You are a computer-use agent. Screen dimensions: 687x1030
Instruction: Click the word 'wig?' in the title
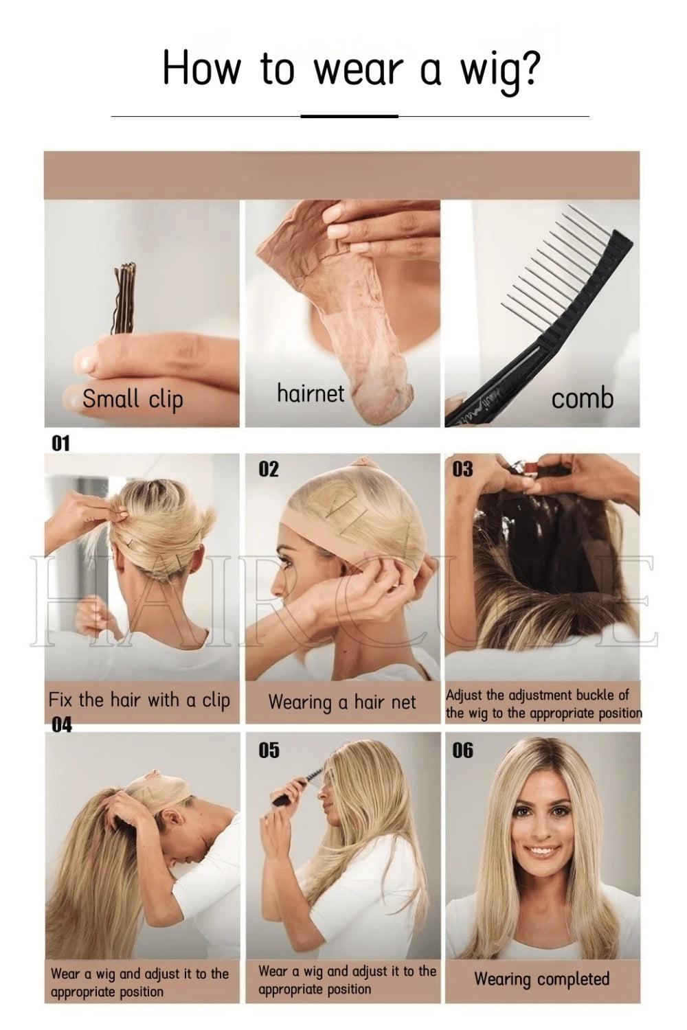tap(499, 69)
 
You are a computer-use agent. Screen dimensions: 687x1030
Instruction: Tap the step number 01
tap(60, 444)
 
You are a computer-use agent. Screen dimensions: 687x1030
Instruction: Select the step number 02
tap(269, 470)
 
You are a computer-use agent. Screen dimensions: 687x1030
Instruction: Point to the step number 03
tap(462, 470)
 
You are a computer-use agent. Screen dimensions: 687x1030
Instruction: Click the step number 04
tap(62, 725)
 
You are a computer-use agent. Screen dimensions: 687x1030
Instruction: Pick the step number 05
tap(269, 751)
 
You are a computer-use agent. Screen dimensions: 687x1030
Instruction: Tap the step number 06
tap(462, 751)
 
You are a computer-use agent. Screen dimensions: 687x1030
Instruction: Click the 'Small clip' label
tap(133, 399)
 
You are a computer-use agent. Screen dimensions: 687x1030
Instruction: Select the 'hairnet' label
tap(311, 393)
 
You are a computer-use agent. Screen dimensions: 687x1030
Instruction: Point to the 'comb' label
tap(582, 398)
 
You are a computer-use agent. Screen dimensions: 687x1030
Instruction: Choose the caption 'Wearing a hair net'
tap(342, 702)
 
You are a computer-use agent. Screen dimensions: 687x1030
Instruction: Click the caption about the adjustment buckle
tap(543, 704)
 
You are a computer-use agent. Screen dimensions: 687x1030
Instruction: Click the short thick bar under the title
tap(349, 116)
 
